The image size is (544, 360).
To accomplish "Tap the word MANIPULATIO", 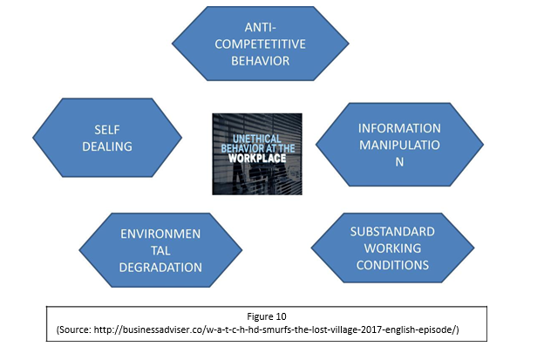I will [x=393, y=145].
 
